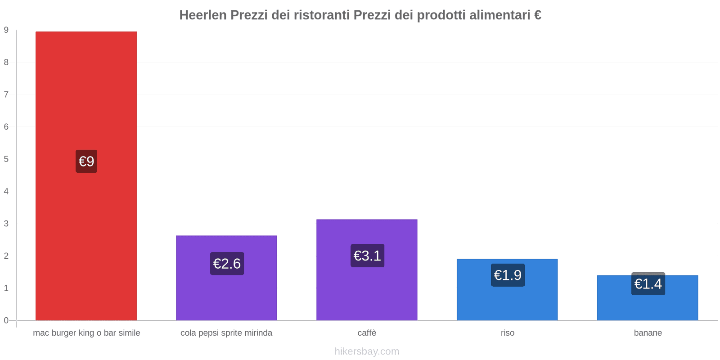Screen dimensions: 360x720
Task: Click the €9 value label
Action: [86, 161]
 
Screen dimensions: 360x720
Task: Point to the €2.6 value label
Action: [227, 263]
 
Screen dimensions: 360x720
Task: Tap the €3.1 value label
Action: [367, 256]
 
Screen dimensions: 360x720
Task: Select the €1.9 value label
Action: [508, 275]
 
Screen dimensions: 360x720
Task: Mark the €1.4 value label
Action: [648, 284]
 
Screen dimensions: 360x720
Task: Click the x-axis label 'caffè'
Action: [367, 333]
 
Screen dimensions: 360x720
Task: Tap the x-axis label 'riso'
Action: [508, 333]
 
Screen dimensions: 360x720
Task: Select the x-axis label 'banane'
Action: [648, 333]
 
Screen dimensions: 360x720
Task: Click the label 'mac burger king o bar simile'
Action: [86, 333]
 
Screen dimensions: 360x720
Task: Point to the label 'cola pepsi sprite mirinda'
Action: [226, 333]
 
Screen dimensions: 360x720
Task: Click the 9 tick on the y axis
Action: [6, 30]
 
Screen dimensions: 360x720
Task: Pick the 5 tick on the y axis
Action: [6, 159]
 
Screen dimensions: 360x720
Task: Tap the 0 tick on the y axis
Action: [6, 320]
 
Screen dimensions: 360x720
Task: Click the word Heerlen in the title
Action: [203, 15]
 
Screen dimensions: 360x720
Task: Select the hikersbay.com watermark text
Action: [367, 351]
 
